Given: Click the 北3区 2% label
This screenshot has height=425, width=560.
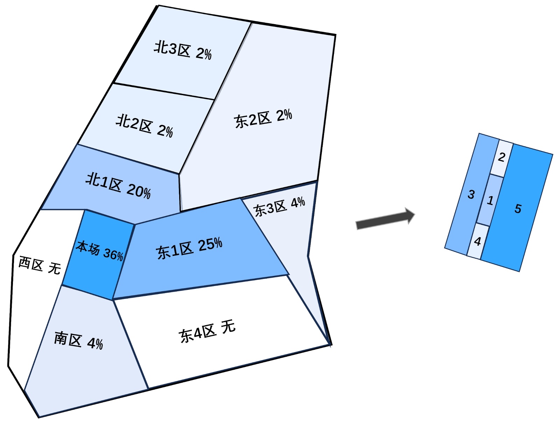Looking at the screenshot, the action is click(x=183, y=51).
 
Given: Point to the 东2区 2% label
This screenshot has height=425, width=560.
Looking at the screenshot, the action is click(x=263, y=118).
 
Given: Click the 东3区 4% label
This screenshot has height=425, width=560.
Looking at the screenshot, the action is click(x=279, y=207).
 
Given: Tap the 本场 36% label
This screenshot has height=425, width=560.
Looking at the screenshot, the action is click(x=100, y=251).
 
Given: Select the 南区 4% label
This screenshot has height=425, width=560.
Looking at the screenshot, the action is click(x=78, y=341).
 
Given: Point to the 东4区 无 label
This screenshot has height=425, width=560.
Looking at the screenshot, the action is click(x=207, y=331).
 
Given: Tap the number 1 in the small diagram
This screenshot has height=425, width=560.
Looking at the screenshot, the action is click(x=490, y=201).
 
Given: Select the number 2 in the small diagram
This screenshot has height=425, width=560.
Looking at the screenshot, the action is click(x=502, y=158).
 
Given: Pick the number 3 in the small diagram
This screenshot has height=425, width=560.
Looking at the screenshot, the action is click(x=471, y=195).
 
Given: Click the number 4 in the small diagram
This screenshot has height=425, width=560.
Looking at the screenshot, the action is click(x=477, y=242).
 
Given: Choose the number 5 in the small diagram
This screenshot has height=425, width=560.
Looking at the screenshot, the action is click(x=518, y=209).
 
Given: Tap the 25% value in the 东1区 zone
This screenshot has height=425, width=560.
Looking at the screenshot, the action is click(x=210, y=244).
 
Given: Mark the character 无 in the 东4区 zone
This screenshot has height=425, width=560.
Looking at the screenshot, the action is click(x=228, y=327).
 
